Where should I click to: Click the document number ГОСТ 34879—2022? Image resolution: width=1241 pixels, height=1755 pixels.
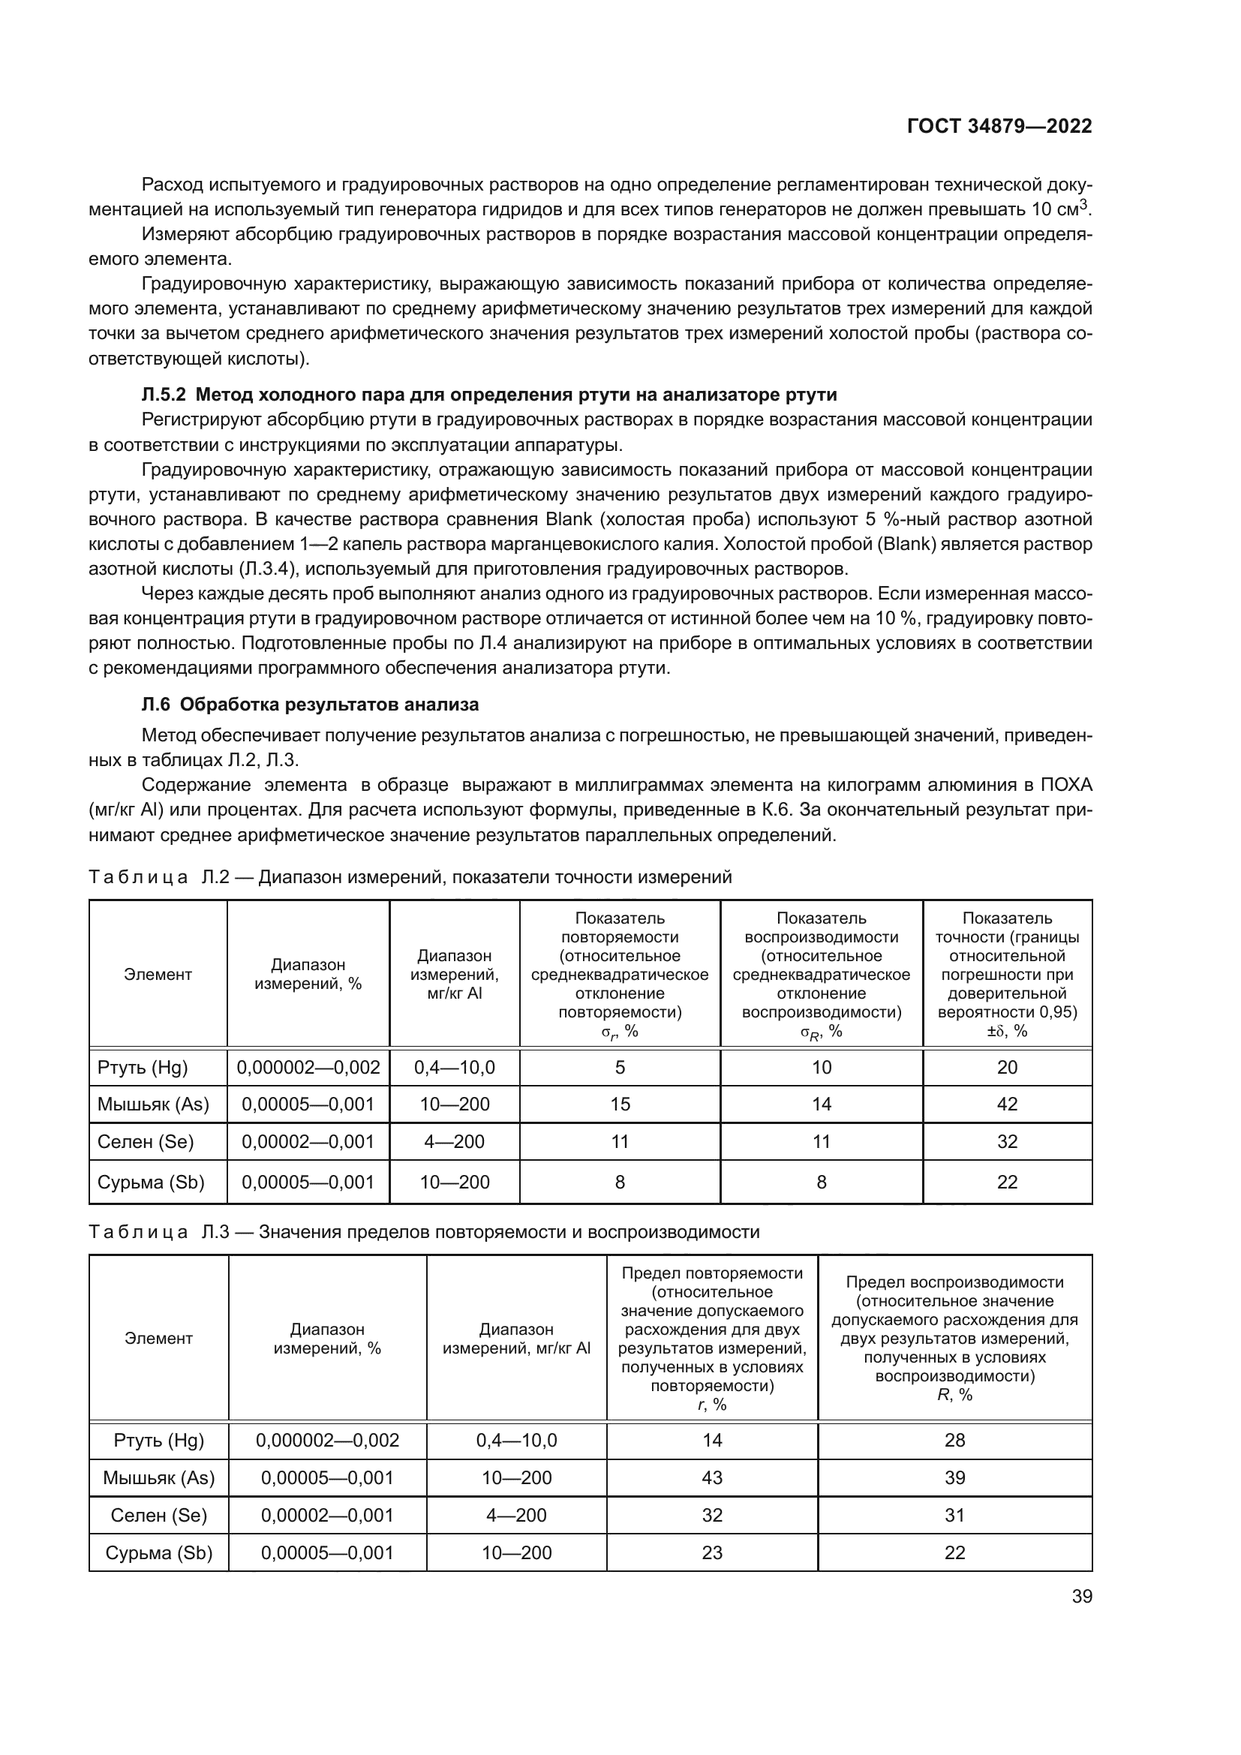tap(999, 126)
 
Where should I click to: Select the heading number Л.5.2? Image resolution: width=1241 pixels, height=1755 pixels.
tap(164, 395)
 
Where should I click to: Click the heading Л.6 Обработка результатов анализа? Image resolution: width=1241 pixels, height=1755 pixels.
tap(311, 704)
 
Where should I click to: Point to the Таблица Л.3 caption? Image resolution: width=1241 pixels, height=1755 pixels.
tap(423, 1231)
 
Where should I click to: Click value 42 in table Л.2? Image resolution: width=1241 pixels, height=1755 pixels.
tap(1006, 1104)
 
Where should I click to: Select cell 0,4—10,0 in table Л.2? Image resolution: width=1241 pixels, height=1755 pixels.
tap(454, 1067)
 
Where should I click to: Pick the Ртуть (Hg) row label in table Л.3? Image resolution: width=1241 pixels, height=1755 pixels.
tap(159, 1440)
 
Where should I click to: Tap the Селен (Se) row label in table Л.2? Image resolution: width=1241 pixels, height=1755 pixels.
tap(146, 1141)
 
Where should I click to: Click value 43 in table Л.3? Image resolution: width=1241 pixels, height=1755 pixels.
tap(711, 1477)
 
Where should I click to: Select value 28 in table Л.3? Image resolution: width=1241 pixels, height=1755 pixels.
tap(954, 1440)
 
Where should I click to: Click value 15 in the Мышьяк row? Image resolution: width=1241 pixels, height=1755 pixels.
tap(620, 1104)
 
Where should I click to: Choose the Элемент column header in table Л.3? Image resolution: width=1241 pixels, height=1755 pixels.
tap(159, 1338)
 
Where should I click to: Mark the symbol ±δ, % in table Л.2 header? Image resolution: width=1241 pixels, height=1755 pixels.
tap(1006, 1031)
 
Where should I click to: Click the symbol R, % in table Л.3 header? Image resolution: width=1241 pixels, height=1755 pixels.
tap(954, 1394)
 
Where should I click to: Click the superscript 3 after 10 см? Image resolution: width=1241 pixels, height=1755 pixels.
tap(1083, 204)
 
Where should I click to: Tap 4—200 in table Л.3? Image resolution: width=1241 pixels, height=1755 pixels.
tap(516, 1515)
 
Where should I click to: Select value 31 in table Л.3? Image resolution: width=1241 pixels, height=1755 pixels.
tap(954, 1515)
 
